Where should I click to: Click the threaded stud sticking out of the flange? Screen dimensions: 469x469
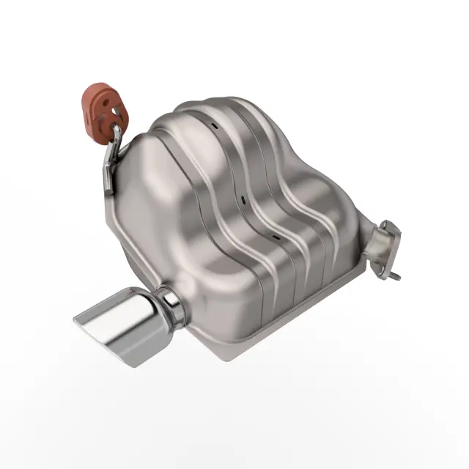396,276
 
